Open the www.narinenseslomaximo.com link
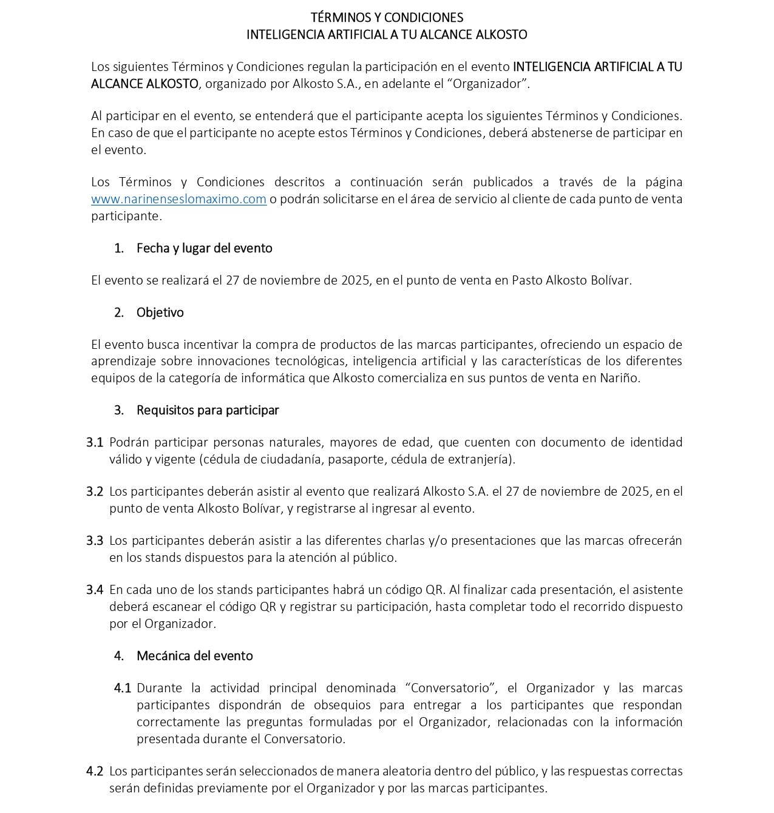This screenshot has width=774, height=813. pos(178,199)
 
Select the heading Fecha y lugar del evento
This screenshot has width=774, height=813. pos(204,248)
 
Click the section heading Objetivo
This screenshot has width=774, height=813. pos(160,312)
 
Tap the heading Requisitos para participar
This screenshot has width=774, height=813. pos(208,410)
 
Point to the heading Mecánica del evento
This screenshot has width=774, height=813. pos(194,656)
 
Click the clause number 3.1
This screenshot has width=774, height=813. pos(95,442)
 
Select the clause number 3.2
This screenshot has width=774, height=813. pos(95,491)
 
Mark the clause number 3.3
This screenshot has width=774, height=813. pos(95,541)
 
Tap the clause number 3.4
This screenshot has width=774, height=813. pos(95,590)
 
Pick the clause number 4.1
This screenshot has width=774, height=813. pos(123,688)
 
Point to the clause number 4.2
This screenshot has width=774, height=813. pos(95,771)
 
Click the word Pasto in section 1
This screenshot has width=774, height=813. pos(527,280)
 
